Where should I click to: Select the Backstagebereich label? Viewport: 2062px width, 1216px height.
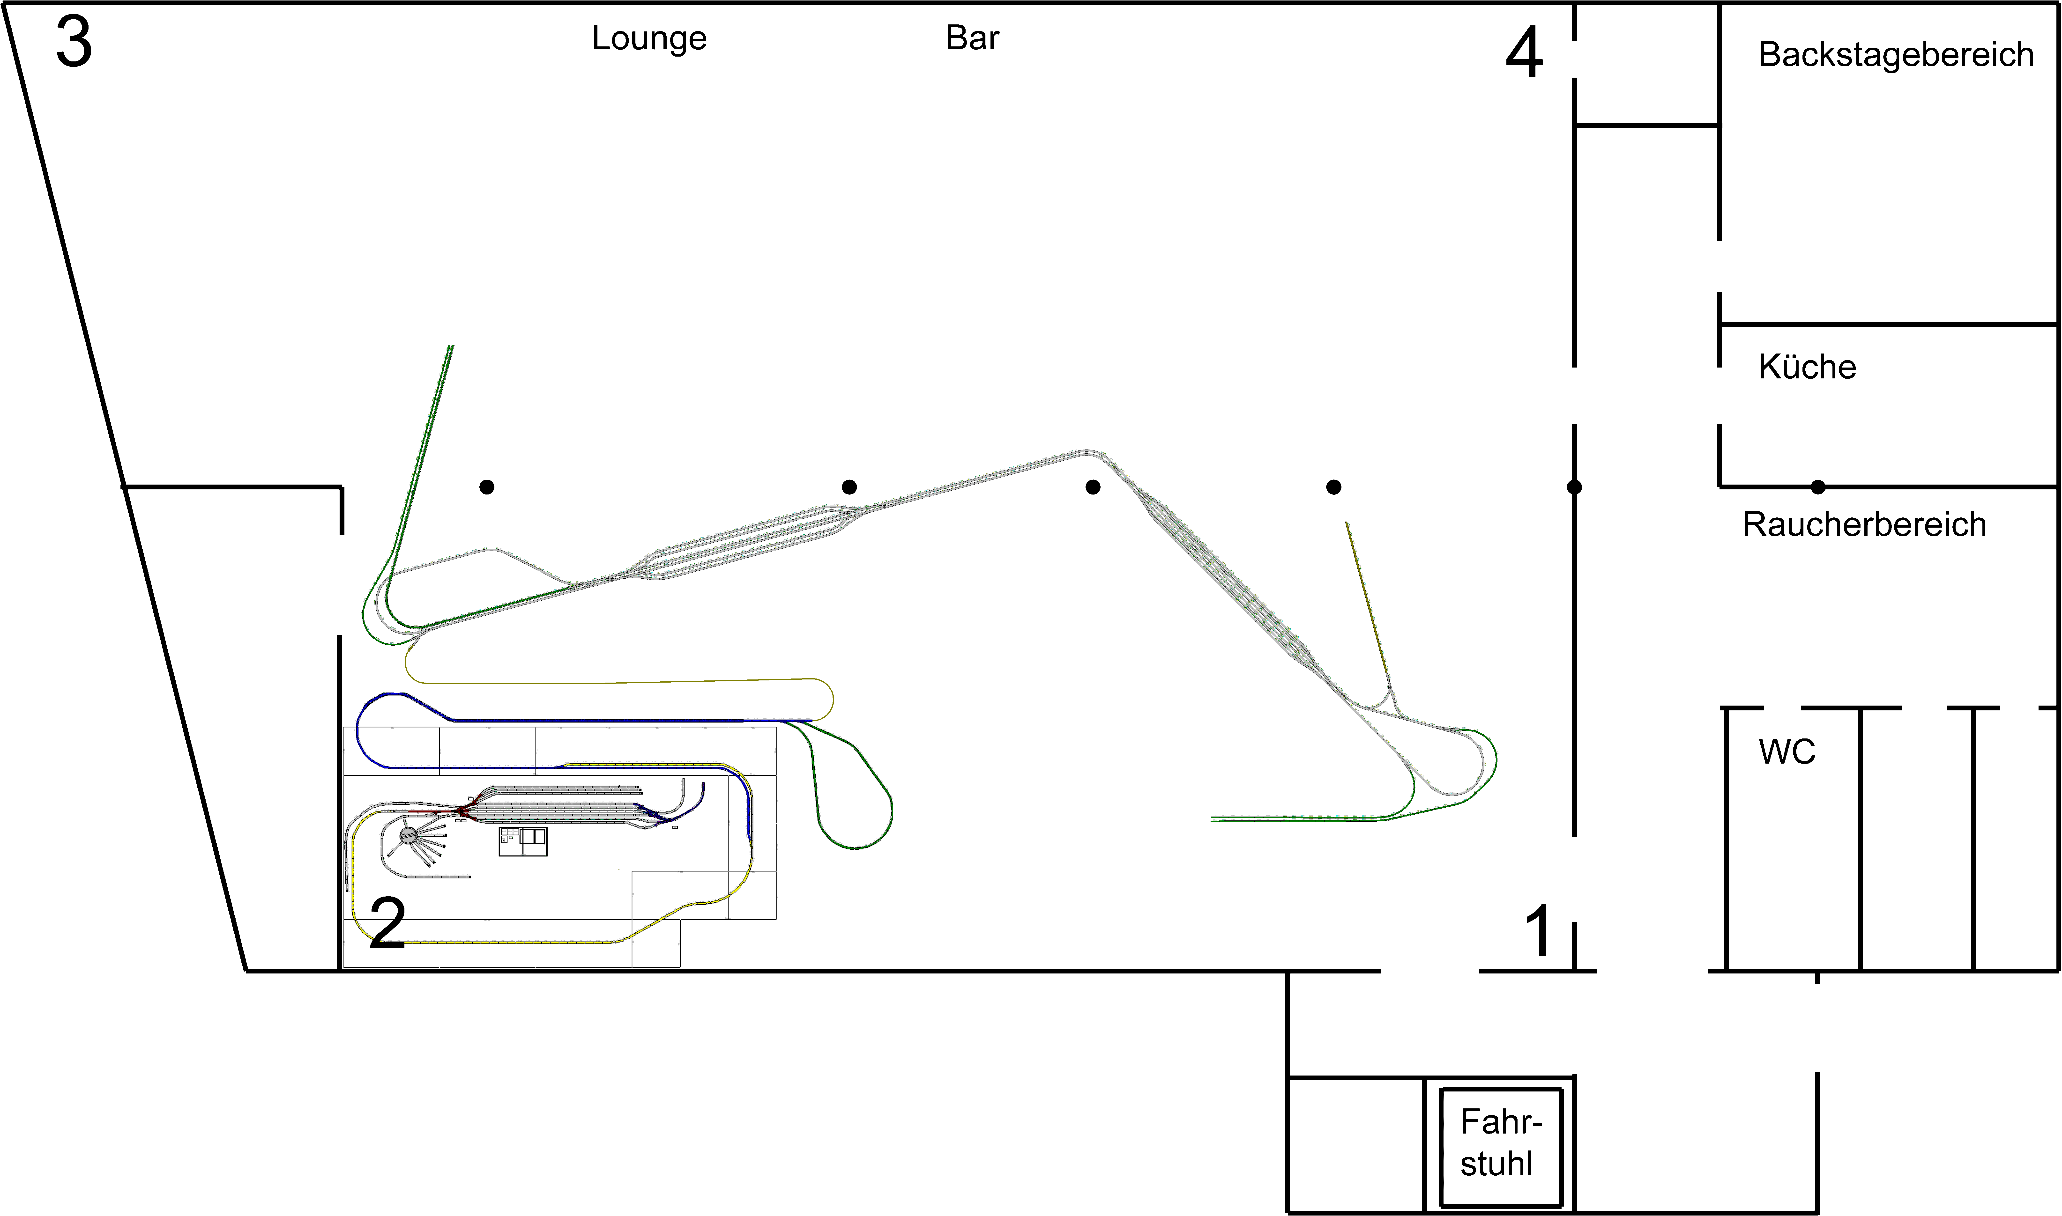point(1896,55)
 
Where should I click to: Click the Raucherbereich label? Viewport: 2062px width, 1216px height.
point(1864,524)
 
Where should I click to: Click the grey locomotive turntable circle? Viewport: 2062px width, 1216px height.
point(408,836)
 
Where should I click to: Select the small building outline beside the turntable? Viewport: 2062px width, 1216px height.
point(523,841)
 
